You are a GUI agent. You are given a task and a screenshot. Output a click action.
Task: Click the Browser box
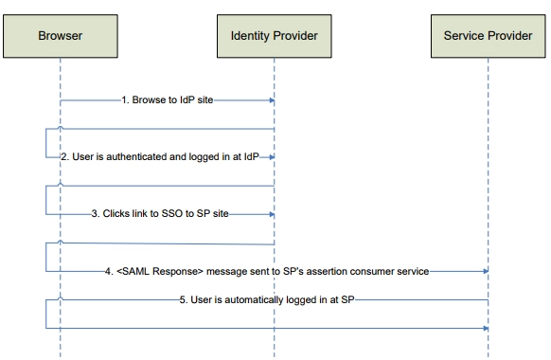click(60, 36)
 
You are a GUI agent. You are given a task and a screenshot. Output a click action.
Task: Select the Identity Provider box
click(274, 36)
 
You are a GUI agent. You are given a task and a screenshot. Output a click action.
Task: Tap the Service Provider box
click(488, 36)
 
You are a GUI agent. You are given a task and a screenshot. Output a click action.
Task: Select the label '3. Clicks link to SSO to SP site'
click(160, 214)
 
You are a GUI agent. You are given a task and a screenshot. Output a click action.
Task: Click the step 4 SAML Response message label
click(267, 271)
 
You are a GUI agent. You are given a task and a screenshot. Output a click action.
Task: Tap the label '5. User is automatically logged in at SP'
click(267, 299)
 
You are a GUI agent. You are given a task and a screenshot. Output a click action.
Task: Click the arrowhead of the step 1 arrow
click(271, 99)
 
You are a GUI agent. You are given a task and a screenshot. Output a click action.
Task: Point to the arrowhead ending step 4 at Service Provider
click(485, 271)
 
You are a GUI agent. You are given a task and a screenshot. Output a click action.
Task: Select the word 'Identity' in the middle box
click(250, 36)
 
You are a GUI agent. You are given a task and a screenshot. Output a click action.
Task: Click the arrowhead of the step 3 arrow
click(271, 214)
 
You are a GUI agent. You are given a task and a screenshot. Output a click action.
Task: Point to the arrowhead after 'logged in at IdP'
click(271, 156)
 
